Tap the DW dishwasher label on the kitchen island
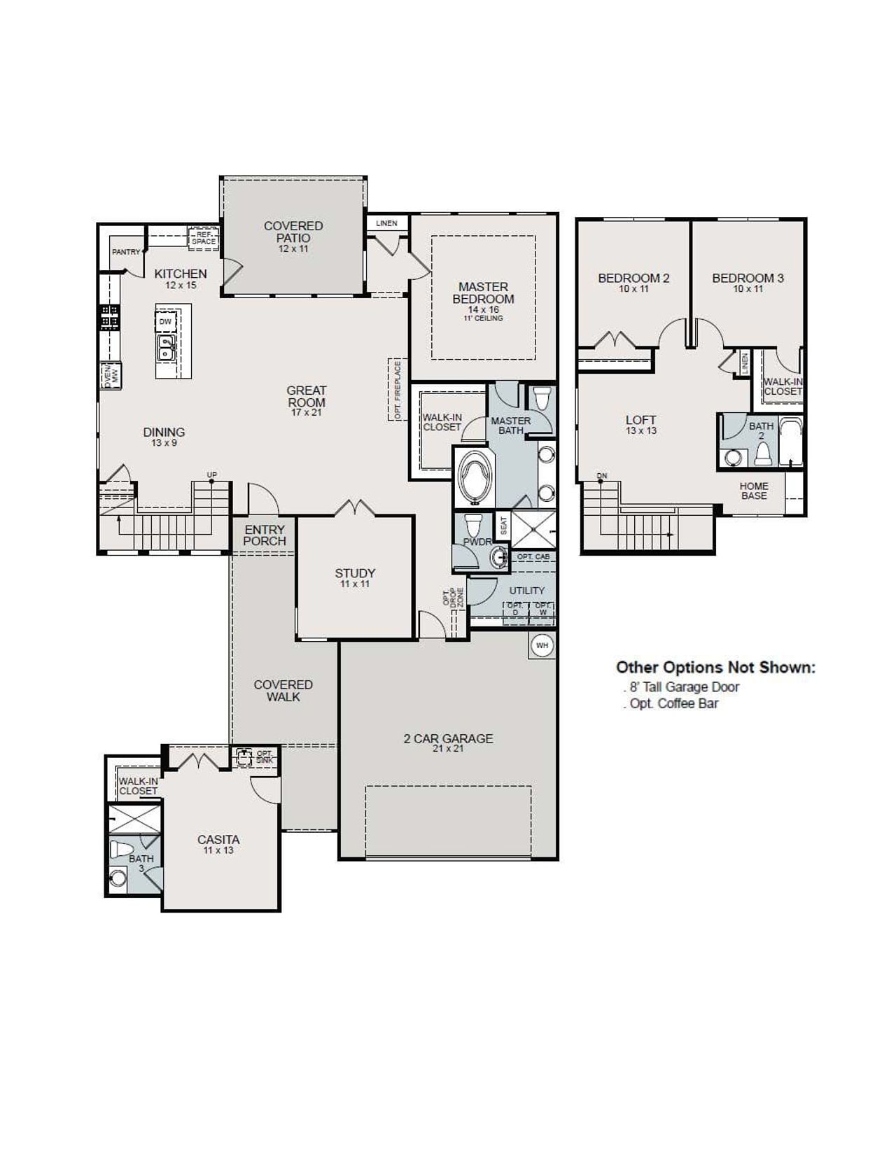pyautogui.click(x=165, y=322)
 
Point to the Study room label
pyautogui.click(x=355, y=577)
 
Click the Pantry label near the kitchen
pyautogui.click(x=126, y=252)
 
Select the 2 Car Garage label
pyautogui.click(x=448, y=743)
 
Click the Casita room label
pyautogui.click(x=218, y=844)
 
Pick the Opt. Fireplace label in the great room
pyautogui.click(x=398, y=390)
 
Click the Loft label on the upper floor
pyautogui.click(x=641, y=424)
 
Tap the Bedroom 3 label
pyautogui.click(x=748, y=282)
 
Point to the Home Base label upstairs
pyautogui.click(x=754, y=491)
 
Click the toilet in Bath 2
pyautogui.click(x=762, y=455)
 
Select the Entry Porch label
pyautogui.click(x=265, y=535)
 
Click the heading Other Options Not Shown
pyautogui.click(x=715, y=668)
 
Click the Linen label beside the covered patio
pyautogui.click(x=386, y=223)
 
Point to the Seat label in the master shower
pyautogui.click(x=503, y=526)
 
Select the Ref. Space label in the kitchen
pyautogui.click(x=204, y=238)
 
